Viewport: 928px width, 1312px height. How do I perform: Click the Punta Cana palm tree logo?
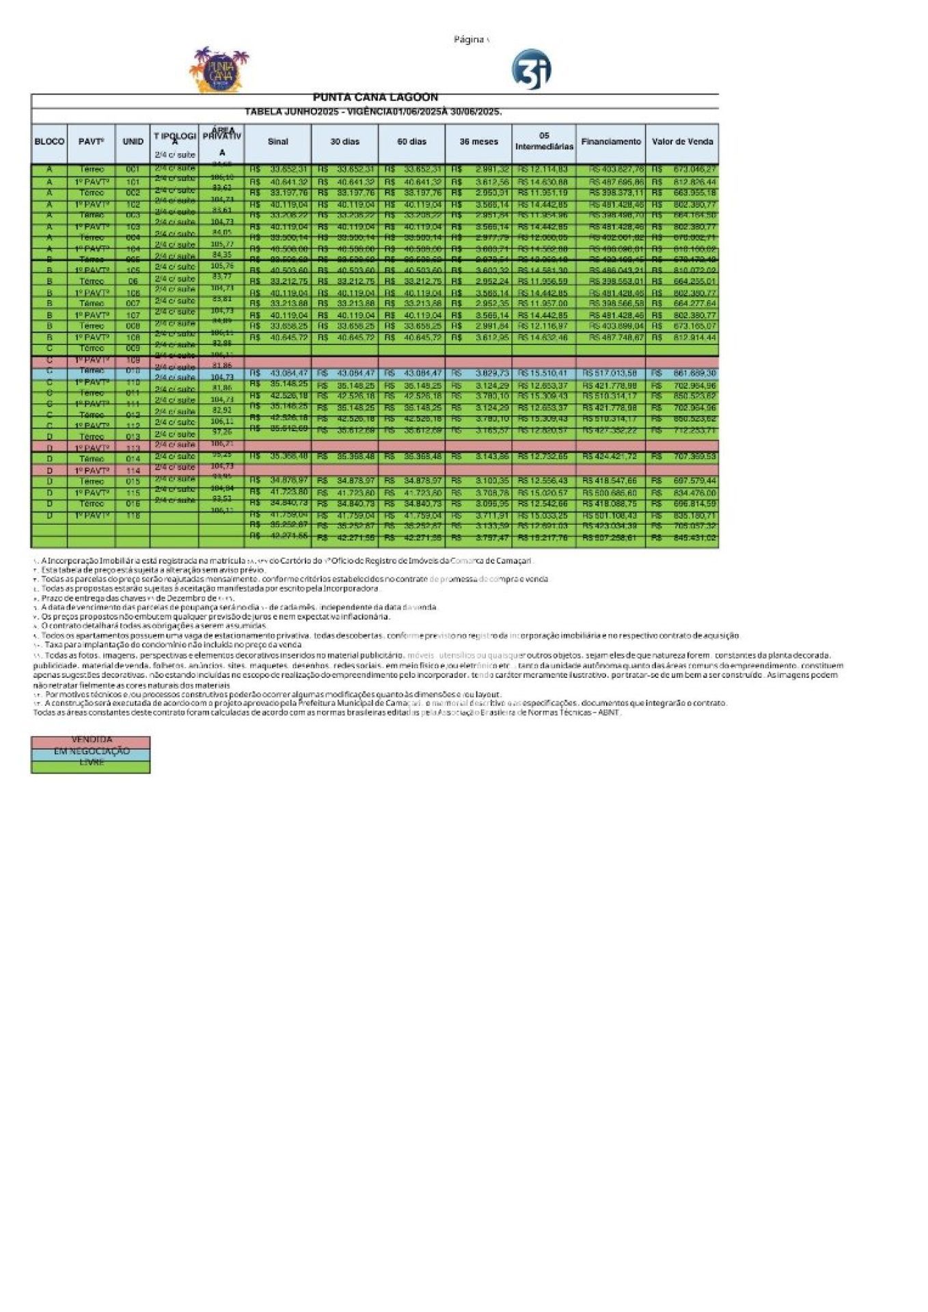coord(219,70)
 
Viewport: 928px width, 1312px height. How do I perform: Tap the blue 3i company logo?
coord(531,69)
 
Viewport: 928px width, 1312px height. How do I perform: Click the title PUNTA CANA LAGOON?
coord(375,98)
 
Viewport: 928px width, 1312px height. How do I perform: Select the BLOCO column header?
coord(49,142)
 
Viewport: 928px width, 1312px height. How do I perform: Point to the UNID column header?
coord(133,142)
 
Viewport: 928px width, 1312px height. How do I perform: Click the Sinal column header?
coord(277,142)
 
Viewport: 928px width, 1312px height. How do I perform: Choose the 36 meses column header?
coord(478,142)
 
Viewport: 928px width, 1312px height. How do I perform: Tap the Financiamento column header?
coord(611,142)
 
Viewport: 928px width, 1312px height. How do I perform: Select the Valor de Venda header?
coord(682,142)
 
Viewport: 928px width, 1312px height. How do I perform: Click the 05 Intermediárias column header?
coord(544,141)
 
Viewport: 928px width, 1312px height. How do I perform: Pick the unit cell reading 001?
coord(133,169)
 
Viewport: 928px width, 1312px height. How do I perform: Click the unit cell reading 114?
coord(133,471)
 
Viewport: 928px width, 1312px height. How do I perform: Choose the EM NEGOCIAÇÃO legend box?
coord(91,752)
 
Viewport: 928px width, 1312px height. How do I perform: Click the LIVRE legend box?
coord(91,763)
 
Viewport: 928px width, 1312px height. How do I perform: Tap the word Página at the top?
coord(469,40)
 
